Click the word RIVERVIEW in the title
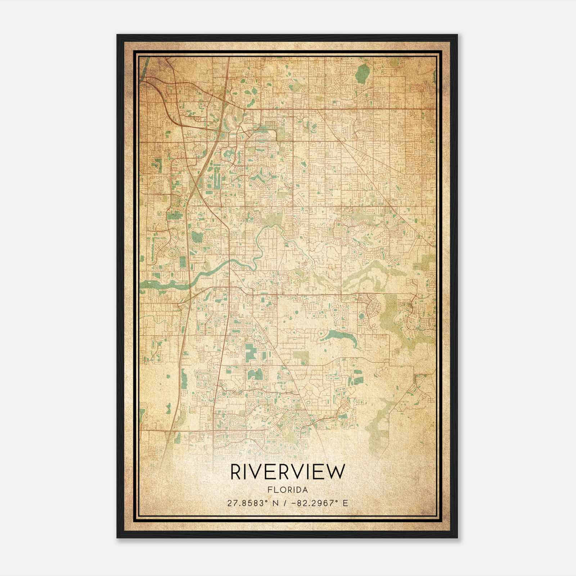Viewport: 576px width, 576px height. [x=287, y=472]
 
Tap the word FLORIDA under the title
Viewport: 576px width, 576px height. [x=287, y=490]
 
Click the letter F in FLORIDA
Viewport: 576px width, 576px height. [x=269, y=490]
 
